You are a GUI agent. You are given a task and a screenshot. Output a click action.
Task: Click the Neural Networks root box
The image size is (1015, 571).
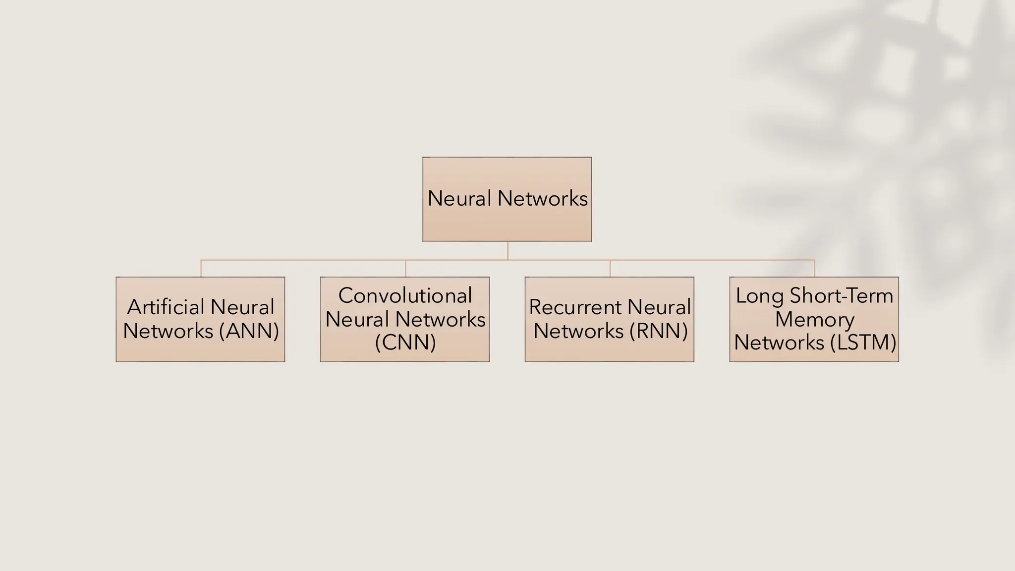coord(507,199)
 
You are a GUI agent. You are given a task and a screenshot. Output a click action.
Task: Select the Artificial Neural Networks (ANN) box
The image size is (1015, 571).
coord(200,319)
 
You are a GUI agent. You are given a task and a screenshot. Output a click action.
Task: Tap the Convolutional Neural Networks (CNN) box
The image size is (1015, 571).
coord(405,319)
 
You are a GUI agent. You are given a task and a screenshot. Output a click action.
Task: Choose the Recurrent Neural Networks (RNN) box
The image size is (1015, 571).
coord(610,319)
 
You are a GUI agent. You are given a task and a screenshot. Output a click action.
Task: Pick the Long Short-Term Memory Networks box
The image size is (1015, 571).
coord(814,319)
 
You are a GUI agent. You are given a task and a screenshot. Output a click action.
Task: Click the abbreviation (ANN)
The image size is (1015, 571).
coord(249,331)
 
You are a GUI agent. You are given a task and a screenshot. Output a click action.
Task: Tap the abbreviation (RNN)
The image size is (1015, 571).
coord(659,331)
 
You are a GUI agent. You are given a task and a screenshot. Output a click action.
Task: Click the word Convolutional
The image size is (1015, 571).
coord(405,296)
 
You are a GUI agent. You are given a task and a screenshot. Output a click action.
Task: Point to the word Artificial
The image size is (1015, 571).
coord(165,307)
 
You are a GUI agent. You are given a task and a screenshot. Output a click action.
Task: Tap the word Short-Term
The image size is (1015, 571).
coord(841,296)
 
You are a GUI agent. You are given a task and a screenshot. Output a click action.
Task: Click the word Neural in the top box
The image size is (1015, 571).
coord(459,199)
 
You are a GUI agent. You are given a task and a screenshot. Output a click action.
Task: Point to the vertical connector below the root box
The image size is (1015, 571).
coord(507,251)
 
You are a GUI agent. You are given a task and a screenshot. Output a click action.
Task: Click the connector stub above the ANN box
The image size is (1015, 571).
coord(201,268)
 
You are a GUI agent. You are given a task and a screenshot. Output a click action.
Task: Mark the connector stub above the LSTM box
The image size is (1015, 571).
coord(814,268)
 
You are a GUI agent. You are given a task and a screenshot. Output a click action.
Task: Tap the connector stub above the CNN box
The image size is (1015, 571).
coord(405,268)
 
